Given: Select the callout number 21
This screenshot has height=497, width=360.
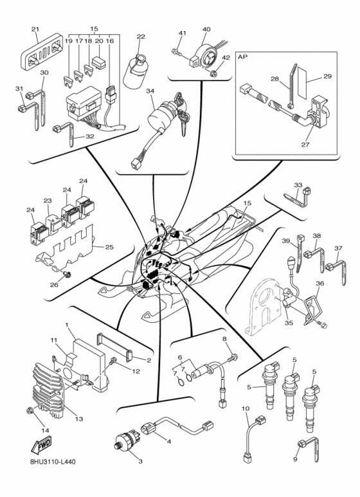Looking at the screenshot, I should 35,29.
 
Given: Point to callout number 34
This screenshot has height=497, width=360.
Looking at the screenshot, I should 150,91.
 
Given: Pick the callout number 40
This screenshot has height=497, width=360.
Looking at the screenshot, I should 206,30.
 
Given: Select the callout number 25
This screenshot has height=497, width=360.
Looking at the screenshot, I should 109,246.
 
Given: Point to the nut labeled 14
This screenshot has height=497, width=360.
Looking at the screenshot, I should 29,410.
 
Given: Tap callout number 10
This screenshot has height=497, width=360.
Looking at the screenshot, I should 245,408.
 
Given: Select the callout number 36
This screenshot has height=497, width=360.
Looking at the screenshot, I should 319,284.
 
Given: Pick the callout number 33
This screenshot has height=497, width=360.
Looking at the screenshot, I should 298,185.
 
